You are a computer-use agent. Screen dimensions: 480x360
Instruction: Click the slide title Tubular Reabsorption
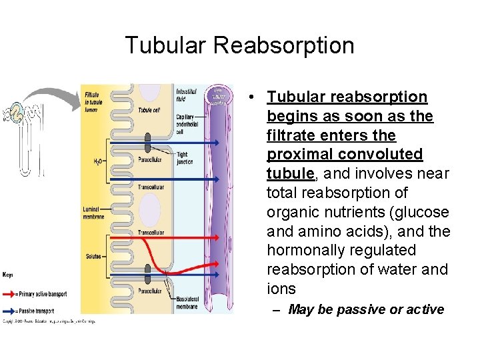(239, 45)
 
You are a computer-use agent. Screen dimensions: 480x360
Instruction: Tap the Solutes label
(93, 256)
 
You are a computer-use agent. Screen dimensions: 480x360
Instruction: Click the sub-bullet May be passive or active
(365, 309)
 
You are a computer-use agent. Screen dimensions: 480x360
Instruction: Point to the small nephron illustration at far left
(23, 133)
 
